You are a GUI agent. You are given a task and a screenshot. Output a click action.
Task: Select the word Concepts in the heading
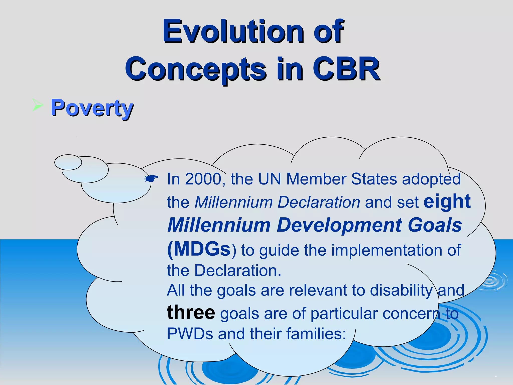[x=195, y=69]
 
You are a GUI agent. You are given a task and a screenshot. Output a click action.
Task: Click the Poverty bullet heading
[x=92, y=108]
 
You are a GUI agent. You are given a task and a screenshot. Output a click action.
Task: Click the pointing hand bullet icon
[x=151, y=178]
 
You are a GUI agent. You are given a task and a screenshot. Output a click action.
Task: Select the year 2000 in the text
[x=203, y=179]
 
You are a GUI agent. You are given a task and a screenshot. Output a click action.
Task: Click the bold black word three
[x=191, y=313]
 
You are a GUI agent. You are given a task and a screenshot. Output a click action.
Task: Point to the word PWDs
[x=190, y=334]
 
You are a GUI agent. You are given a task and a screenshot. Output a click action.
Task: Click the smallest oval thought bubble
[x=68, y=162]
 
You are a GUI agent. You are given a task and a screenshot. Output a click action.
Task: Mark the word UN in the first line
[x=269, y=179]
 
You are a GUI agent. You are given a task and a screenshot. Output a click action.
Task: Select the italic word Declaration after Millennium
[x=319, y=202]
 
